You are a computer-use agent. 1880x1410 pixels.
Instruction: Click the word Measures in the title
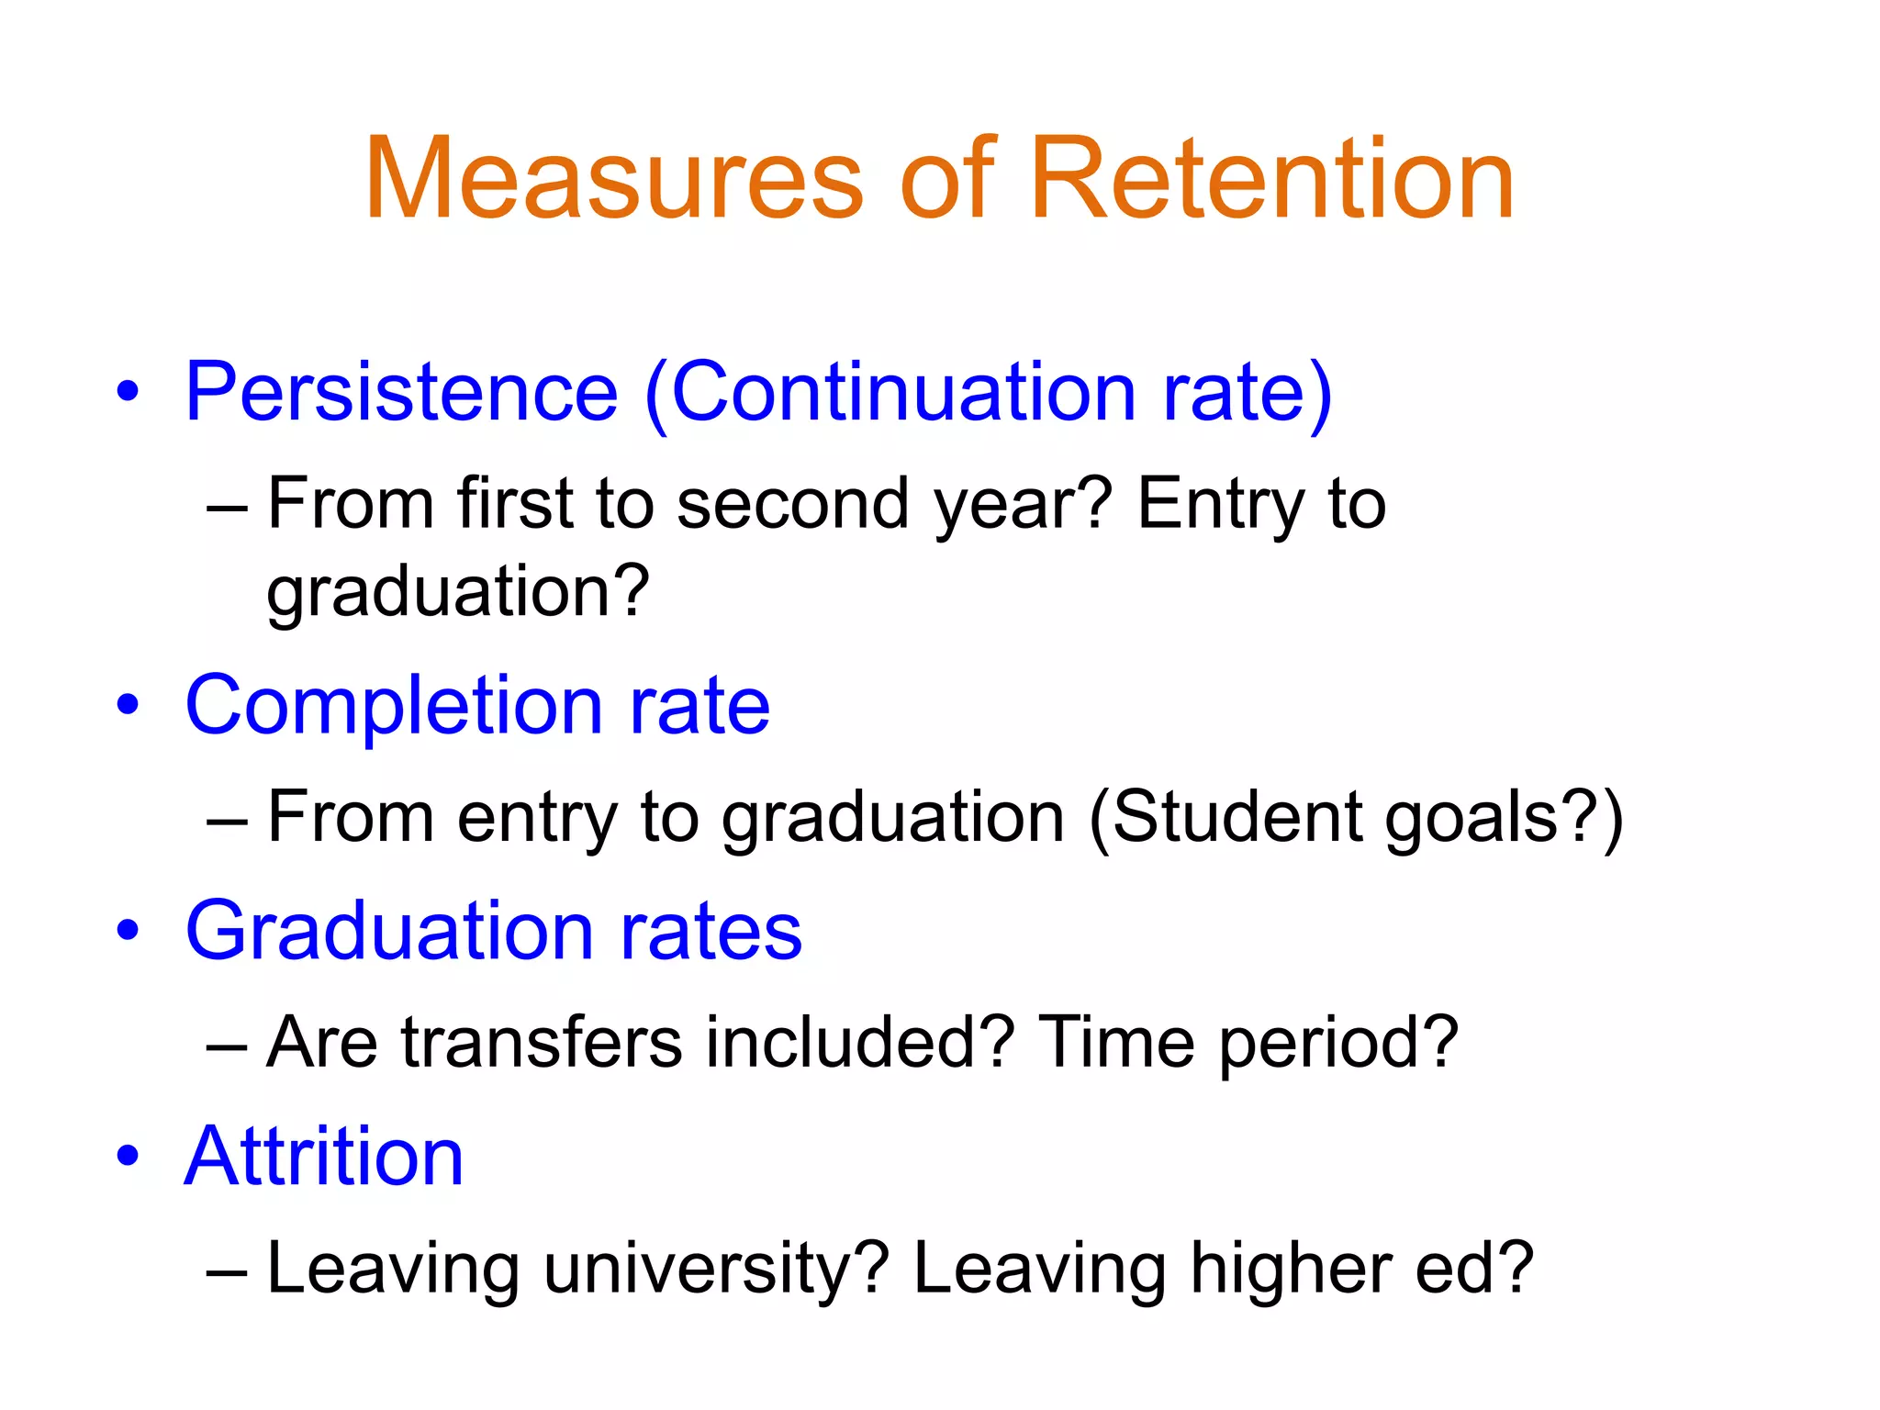click(x=613, y=179)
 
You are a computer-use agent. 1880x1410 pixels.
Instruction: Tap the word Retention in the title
click(x=1271, y=179)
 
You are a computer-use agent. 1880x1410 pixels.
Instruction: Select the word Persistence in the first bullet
click(x=401, y=393)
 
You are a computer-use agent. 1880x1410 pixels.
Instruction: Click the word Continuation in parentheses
click(x=904, y=393)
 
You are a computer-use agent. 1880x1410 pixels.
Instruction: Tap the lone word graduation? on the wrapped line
click(x=457, y=593)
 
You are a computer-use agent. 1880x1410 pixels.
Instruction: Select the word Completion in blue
click(x=394, y=707)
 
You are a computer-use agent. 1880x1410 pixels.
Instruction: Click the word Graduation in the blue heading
click(x=390, y=932)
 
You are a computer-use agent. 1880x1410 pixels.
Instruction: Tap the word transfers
click(x=542, y=1043)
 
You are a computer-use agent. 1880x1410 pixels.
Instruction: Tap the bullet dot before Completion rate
click(x=128, y=705)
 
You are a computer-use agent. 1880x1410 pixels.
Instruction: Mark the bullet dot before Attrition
click(x=128, y=1155)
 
